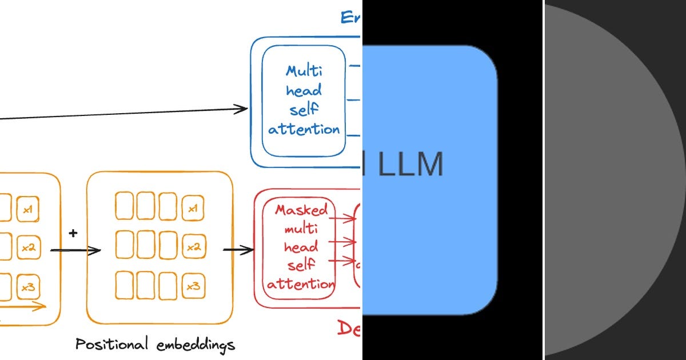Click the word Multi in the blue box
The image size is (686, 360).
(x=304, y=71)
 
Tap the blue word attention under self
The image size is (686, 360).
(x=304, y=130)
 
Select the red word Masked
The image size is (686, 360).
(x=301, y=210)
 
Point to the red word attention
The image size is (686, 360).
(x=301, y=284)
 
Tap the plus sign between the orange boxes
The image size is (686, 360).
(x=73, y=233)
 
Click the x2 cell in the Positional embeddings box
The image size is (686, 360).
(x=193, y=248)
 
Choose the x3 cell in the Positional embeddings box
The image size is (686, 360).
(x=193, y=286)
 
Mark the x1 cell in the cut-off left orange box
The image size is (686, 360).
(x=27, y=210)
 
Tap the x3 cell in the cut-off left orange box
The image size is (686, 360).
(x=27, y=286)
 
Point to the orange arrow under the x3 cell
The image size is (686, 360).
(x=29, y=307)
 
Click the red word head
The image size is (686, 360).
(x=301, y=247)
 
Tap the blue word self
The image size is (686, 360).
(x=304, y=110)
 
